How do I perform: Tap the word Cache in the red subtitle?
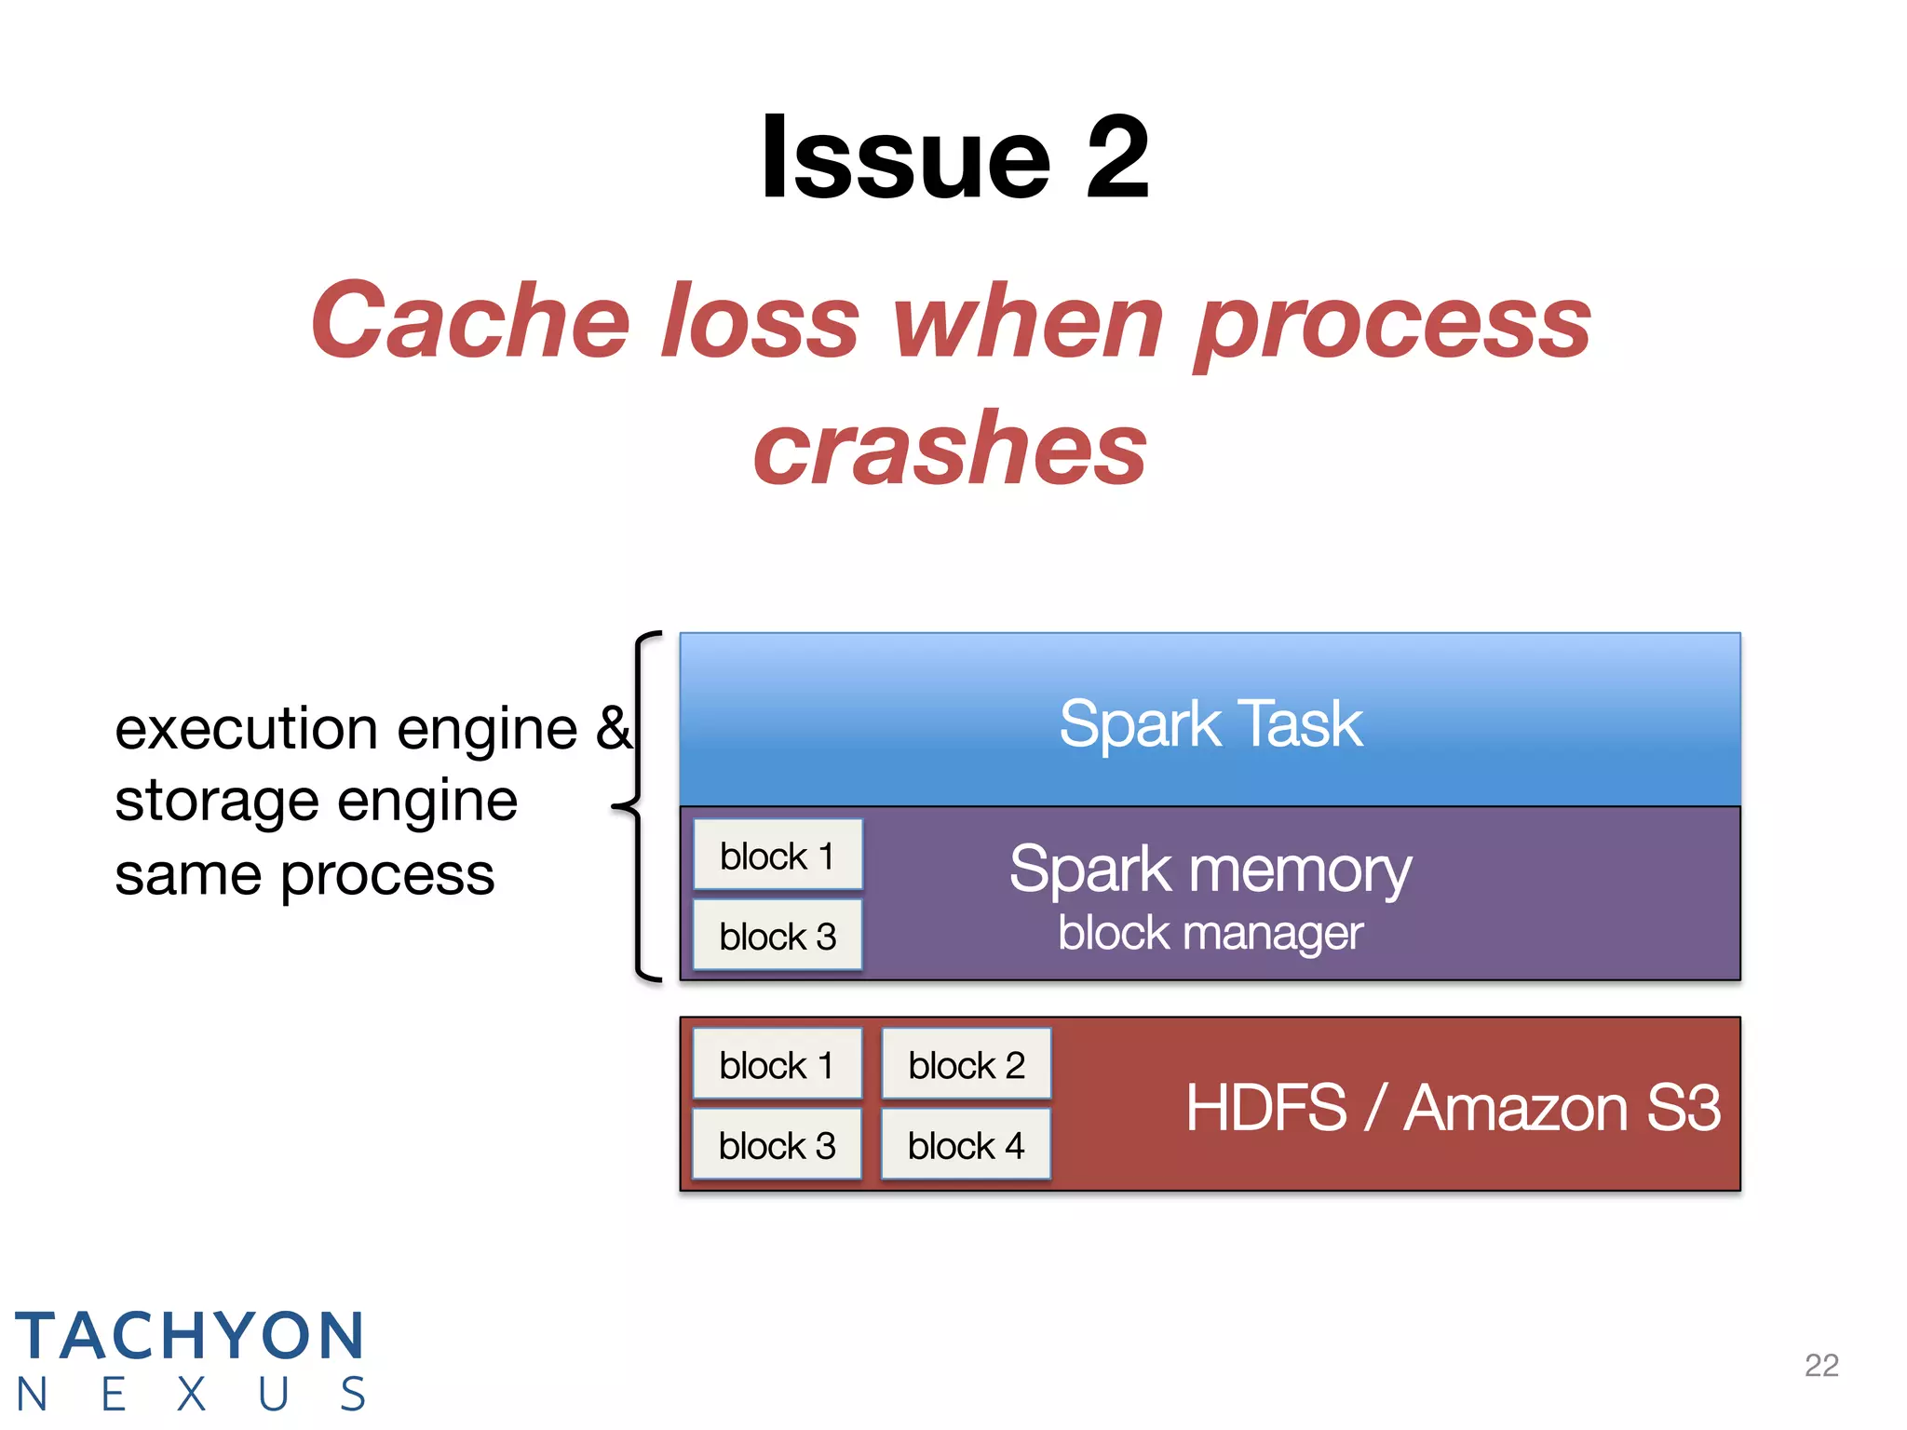point(470,321)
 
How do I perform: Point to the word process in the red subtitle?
point(1392,321)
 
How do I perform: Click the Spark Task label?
point(1210,723)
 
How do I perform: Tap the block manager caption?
point(1210,933)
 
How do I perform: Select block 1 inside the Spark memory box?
point(778,856)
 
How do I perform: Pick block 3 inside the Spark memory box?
point(778,936)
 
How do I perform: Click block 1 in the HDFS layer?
point(778,1065)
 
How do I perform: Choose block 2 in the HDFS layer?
point(967,1065)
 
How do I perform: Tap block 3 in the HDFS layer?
point(778,1145)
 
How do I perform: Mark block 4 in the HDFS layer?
point(967,1145)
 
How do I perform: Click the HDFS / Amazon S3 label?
point(1453,1108)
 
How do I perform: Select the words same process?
point(304,875)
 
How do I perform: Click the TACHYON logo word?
point(189,1336)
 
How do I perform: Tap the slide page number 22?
point(1821,1365)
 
